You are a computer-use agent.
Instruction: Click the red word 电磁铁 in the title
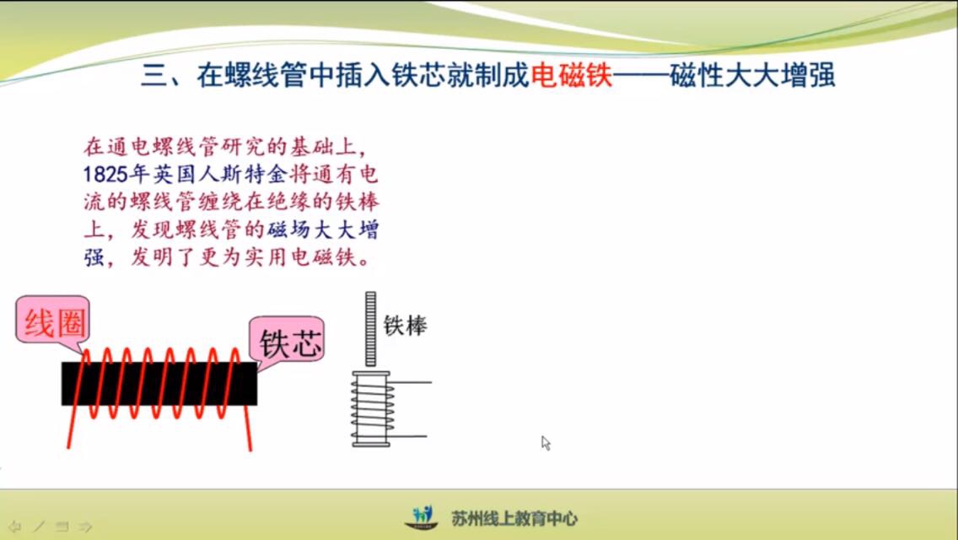coord(571,75)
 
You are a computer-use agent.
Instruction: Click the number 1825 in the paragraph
coord(105,175)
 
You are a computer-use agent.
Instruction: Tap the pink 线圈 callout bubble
coord(53,321)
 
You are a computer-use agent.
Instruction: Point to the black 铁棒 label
coord(405,326)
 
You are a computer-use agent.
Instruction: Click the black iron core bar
coord(159,383)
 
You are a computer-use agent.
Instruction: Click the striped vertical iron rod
coord(370,329)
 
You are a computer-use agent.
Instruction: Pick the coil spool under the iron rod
coord(371,409)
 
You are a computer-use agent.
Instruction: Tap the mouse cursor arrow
coord(546,443)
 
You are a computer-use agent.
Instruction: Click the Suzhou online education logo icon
coord(422,517)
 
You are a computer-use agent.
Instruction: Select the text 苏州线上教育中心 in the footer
coord(514,519)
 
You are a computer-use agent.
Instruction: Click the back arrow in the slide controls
coord(14,526)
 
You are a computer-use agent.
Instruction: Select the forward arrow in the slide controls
coord(85,526)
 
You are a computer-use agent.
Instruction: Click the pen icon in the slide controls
coord(39,526)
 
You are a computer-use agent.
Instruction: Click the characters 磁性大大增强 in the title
coord(753,75)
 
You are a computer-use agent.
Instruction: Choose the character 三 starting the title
coord(153,75)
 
